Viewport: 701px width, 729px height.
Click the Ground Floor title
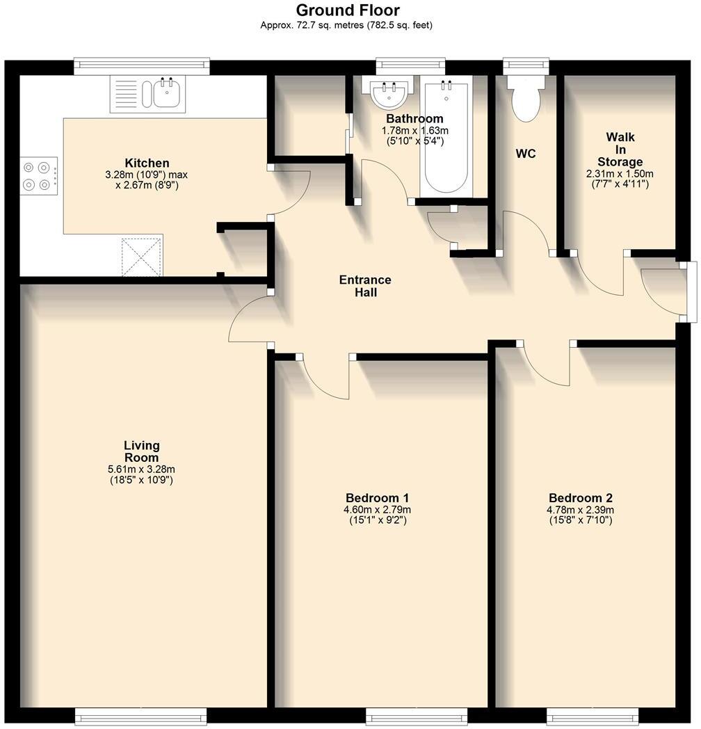point(348,10)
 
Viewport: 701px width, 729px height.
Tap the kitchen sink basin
point(168,93)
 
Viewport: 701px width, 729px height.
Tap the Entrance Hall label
point(365,286)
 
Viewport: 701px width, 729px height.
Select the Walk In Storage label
point(620,150)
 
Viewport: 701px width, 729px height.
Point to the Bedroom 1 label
point(377,498)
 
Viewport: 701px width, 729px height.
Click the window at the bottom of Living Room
point(140,715)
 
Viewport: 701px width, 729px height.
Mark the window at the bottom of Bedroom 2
point(593,715)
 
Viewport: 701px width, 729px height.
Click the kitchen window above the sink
point(142,66)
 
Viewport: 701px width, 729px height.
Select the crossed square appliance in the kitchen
point(142,257)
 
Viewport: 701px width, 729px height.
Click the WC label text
point(526,154)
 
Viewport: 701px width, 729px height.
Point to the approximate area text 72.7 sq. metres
point(346,26)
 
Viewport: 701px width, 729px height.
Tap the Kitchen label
point(147,163)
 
